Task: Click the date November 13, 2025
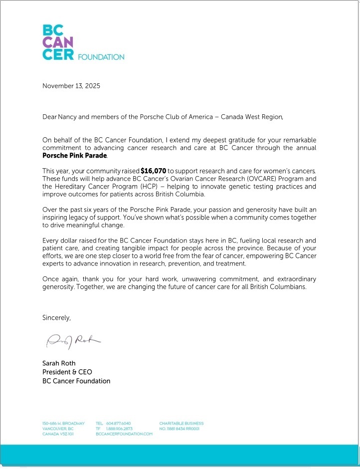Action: (71, 86)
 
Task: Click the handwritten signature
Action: (73, 341)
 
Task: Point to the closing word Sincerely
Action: (56, 317)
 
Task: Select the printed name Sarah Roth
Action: (59, 363)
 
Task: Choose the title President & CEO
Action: (67, 372)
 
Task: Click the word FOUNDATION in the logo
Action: (101, 57)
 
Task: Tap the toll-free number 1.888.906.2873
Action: (119, 429)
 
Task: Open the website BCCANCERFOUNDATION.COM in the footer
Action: (124, 435)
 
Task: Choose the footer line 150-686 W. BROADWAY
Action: (63, 424)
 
